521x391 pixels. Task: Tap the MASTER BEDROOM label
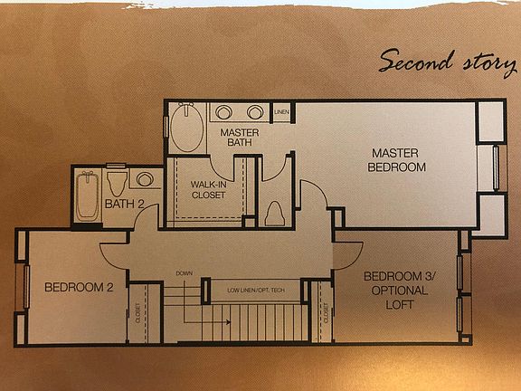[396, 159]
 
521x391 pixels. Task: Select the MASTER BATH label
[240, 138]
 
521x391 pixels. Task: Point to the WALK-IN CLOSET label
[208, 189]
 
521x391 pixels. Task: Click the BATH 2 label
[124, 204]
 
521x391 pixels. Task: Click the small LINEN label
[281, 113]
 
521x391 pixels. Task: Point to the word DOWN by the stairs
[185, 272]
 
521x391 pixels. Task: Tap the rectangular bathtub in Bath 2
[87, 195]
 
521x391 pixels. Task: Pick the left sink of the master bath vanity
[224, 113]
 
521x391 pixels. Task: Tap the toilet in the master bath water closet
[276, 214]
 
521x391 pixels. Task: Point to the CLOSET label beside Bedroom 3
[324, 314]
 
